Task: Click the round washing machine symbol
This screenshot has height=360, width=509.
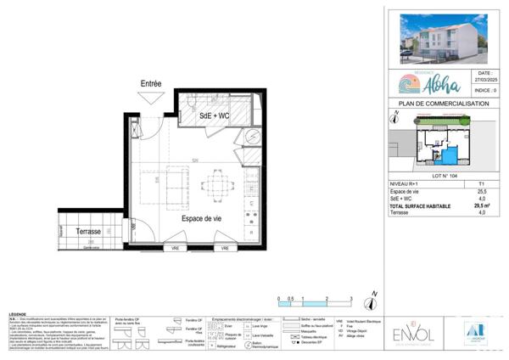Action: coord(252,140)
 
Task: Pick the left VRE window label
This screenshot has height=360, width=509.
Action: coord(176,248)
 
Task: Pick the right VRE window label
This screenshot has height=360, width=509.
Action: coord(225,248)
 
